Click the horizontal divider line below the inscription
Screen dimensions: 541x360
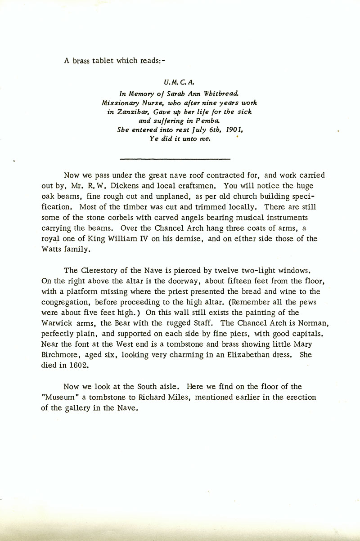[176, 158]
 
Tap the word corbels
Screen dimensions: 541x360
[116, 218]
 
